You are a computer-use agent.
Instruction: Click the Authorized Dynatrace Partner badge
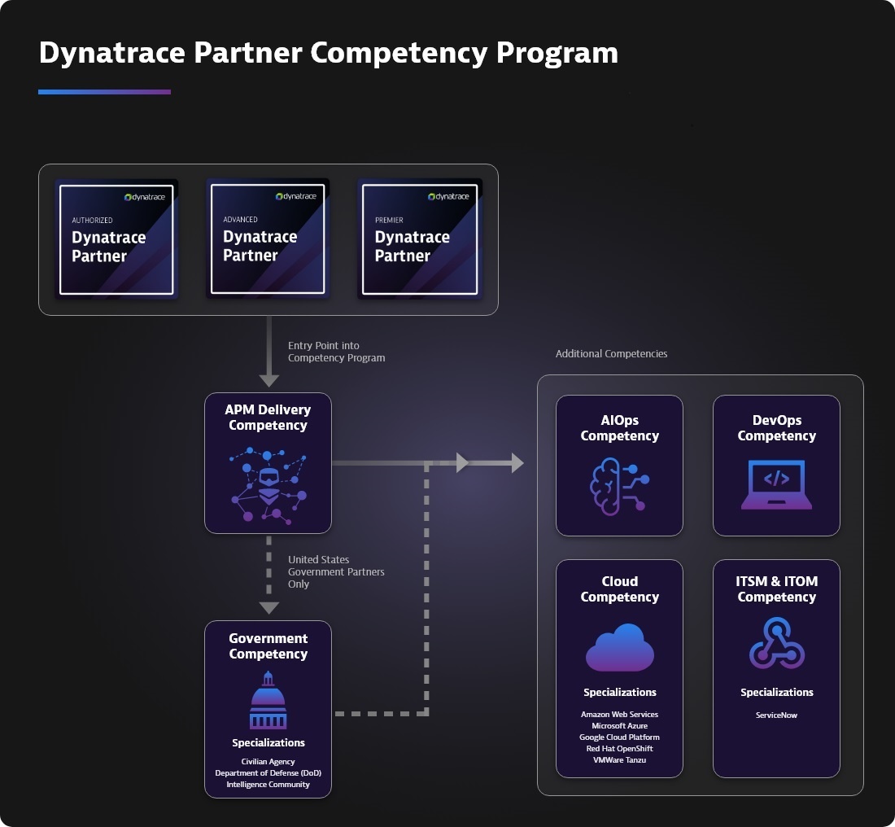116,239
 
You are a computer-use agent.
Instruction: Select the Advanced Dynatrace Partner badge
268,238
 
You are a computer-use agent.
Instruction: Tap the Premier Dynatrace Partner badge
419,238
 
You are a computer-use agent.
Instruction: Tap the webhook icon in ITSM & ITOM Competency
776,642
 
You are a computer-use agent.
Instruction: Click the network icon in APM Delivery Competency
268,484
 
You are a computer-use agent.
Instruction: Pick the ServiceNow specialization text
776,715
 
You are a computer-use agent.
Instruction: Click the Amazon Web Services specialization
619,715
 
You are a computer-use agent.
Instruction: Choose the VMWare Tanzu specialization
619,760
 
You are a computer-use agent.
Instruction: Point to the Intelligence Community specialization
268,785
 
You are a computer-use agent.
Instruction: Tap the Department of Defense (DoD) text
268,773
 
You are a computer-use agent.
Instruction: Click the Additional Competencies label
611,354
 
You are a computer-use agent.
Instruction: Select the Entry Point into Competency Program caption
336,352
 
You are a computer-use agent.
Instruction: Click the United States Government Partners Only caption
335,571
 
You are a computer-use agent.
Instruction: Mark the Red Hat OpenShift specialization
619,749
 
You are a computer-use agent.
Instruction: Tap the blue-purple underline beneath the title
104,92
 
